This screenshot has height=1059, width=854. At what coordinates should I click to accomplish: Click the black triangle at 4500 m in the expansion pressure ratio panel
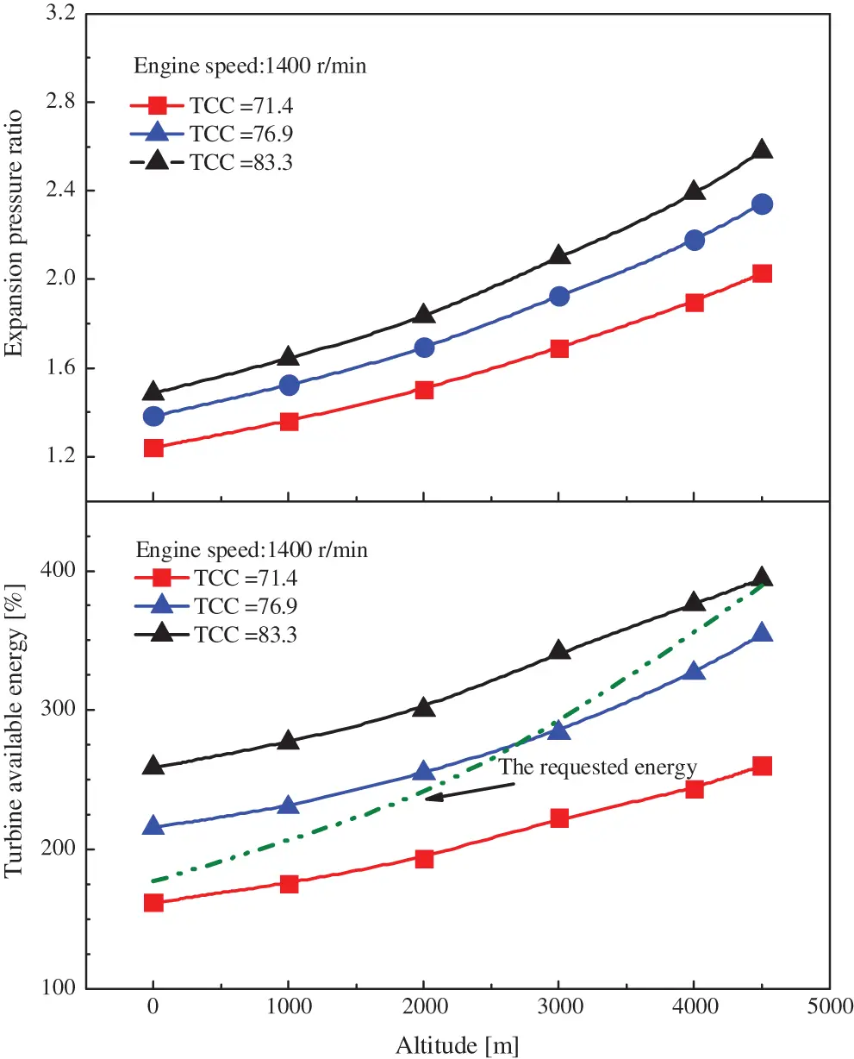(x=761, y=150)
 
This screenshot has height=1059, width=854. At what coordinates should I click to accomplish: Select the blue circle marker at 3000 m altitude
(x=559, y=296)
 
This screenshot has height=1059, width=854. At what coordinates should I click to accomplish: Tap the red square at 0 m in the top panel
(x=153, y=448)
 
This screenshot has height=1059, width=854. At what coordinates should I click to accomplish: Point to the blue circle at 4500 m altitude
(x=761, y=204)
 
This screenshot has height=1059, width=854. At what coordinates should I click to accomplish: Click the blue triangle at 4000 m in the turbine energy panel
(x=695, y=672)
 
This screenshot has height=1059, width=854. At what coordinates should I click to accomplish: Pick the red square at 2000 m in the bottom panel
(x=424, y=858)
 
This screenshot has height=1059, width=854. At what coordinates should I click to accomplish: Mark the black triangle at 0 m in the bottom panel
(x=153, y=766)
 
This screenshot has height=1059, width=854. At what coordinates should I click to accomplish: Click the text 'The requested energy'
(x=598, y=766)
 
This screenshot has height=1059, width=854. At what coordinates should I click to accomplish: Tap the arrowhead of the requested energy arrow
(x=430, y=798)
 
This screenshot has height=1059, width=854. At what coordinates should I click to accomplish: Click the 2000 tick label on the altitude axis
(x=424, y=1009)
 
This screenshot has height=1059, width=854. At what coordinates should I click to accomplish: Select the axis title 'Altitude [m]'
(x=457, y=1044)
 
